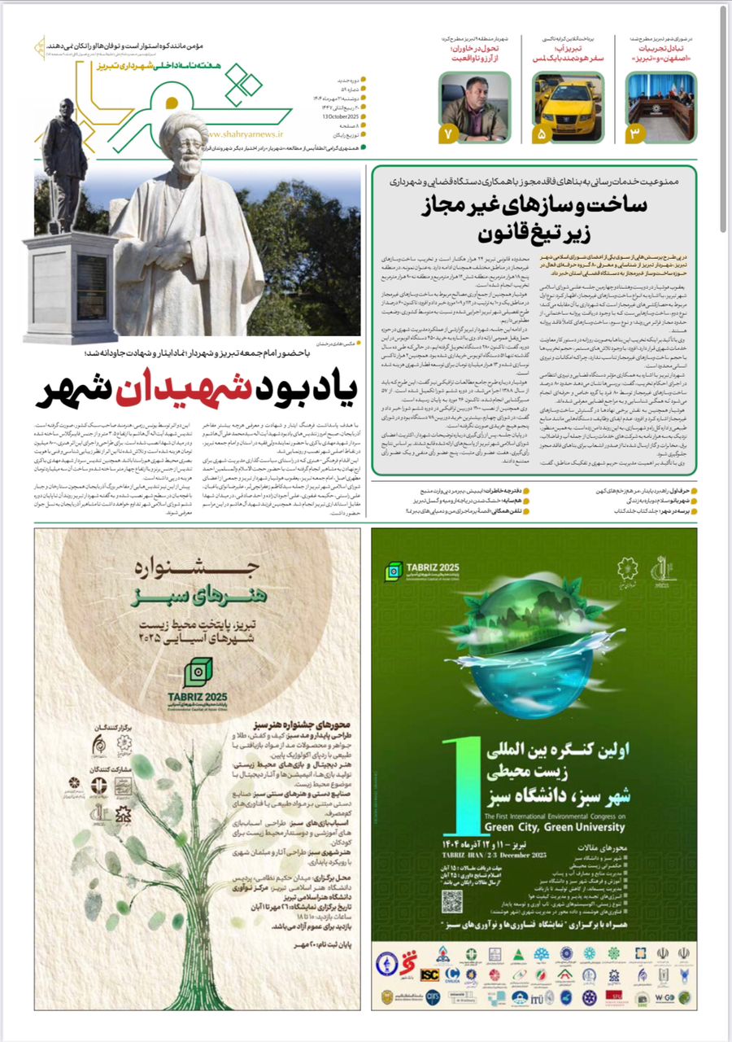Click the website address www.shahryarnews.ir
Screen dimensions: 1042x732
(x=245, y=138)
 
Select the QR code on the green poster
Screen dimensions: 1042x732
(x=452, y=900)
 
